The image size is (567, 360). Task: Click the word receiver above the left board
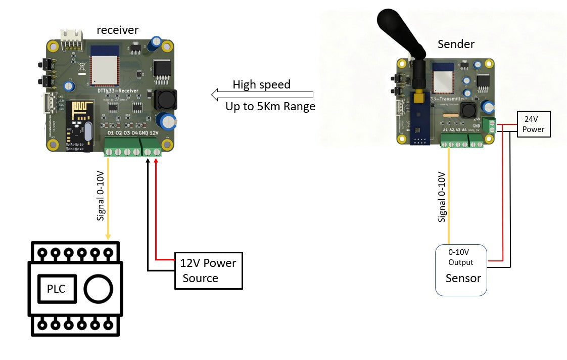click(x=117, y=31)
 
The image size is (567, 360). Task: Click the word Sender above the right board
click(x=456, y=44)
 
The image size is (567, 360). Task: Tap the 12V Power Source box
click(x=208, y=271)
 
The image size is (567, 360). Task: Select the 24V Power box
click(x=533, y=124)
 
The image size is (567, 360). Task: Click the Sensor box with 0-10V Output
click(x=461, y=270)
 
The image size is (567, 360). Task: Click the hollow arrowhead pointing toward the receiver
click(x=216, y=95)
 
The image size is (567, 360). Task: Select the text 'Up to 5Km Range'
click(x=270, y=107)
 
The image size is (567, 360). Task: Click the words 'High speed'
click(x=261, y=85)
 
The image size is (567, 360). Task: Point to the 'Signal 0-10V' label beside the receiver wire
click(x=100, y=198)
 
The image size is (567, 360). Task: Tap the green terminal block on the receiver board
click(x=133, y=151)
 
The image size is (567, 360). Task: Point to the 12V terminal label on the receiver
click(x=155, y=132)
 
